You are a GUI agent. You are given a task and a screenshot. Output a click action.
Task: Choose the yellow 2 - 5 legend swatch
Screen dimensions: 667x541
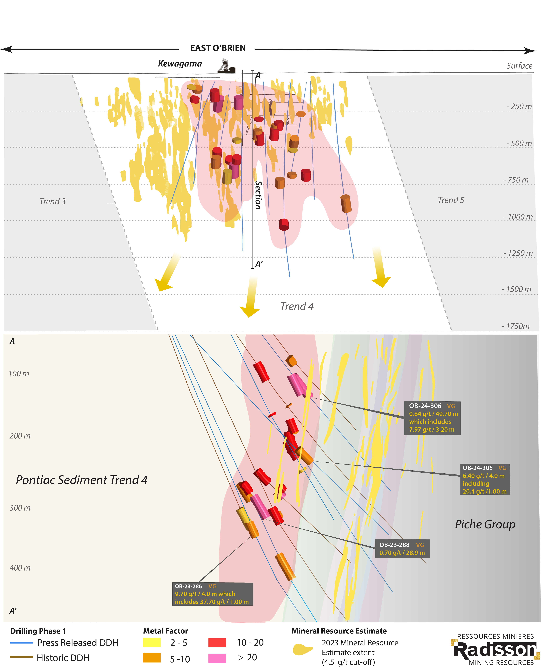152,642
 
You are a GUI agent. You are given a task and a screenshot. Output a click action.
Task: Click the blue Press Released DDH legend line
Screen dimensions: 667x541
22,643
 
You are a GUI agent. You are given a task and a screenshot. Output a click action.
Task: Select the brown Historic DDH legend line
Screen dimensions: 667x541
22,657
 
